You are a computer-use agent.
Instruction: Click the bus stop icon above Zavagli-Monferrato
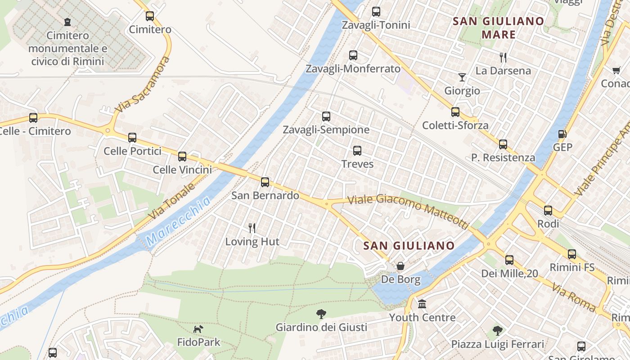click(x=353, y=55)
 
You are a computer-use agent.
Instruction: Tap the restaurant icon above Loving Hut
click(x=252, y=228)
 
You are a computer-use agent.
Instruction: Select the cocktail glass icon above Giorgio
click(x=462, y=77)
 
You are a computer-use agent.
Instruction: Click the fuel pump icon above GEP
click(x=562, y=134)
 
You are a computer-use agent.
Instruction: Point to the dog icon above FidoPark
click(x=198, y=329)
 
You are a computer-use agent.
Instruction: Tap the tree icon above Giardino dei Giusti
click(x=321, y=314)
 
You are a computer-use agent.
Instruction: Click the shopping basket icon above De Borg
click(x=400, y=266)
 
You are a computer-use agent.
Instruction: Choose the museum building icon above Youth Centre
click(x=422, y=304)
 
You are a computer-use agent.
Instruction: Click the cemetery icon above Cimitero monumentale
click(x=67, y=22)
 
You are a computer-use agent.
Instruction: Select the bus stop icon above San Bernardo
click(x=265, y=182)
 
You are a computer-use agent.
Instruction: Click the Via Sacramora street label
click(x=143, y=85)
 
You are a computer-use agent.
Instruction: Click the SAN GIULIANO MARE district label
click(x=498, y=28)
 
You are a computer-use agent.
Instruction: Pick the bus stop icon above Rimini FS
click(x=571, y=254)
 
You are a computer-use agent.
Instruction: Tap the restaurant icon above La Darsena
click(x=503, y=57)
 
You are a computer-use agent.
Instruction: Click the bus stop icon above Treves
click(x=357, y=151)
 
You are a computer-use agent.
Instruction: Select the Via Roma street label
click(x=574, y=298)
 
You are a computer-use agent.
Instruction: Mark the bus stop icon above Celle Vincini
click(x=182, y=157)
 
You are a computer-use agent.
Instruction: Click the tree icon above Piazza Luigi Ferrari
click(x=497, y=331)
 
